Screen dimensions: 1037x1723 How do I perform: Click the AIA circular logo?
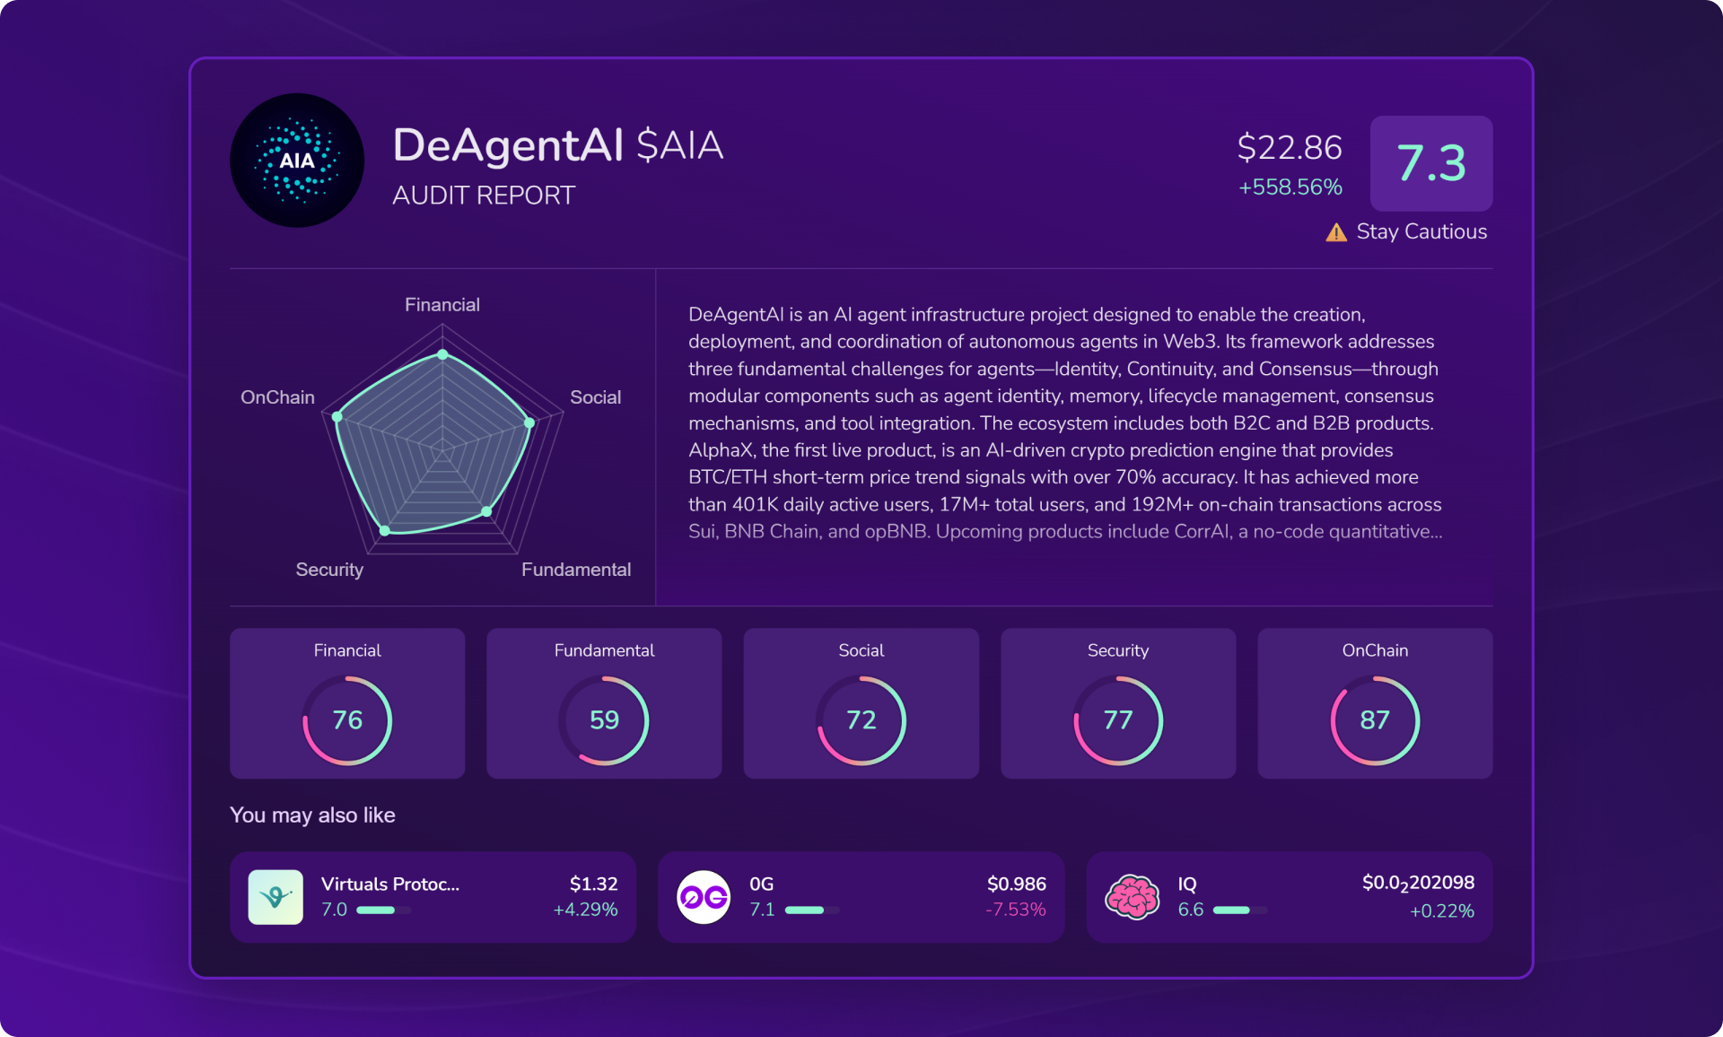pos(297,161)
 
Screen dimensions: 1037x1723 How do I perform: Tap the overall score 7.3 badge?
pos(1431,163)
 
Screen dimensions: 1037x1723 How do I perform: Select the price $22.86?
pos(1290,147)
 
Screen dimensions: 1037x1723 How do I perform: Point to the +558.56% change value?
pos(1290,187)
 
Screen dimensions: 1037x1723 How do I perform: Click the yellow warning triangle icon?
pos(1336,233)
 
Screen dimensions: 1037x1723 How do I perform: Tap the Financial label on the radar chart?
pos(442,305)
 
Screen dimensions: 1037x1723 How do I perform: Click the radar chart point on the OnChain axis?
pos(337,417)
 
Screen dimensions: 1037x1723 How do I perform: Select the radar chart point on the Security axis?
pos(385,530)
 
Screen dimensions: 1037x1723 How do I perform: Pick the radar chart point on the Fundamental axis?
pos(486,511)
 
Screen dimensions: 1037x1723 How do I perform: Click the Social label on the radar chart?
pos(595,397)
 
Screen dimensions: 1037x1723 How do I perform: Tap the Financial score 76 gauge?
pos(347,720)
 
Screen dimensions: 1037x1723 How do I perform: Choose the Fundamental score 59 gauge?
pos(604,720)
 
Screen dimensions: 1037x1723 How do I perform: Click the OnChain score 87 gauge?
pos(1375,720)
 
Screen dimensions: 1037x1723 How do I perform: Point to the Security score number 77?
pos(1118,720)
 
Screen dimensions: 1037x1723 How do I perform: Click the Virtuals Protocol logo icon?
pos(276,897)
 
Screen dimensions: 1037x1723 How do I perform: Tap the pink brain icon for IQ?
pos(1133,897)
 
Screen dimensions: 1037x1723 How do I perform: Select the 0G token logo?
pos(704,897)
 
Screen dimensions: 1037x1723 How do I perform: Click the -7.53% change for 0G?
pos(1016,910)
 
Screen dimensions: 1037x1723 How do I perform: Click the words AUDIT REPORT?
pos(484,196)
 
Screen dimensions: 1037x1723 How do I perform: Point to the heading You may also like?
pos(312,815)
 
